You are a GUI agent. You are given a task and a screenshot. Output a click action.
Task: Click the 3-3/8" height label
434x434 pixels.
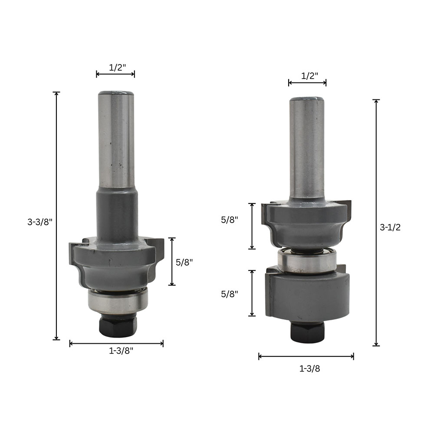(x=40, y=222)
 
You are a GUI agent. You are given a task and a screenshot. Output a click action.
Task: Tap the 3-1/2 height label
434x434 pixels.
(x=390, y=227)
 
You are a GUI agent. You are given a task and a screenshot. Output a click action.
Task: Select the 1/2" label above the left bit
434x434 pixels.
(x=117, y=67)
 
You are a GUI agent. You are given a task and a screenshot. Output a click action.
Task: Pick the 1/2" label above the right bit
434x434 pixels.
(x=309, y=76)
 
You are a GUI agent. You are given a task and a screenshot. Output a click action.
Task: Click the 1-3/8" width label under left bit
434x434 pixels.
(x=121, y=351)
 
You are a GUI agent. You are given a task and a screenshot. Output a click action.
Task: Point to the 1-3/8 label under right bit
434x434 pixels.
(x=309, y=368)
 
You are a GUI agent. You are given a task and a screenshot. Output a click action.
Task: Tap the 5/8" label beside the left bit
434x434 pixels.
(x=184, y=262)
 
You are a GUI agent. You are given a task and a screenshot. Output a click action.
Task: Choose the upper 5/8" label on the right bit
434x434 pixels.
(x=230, y=220)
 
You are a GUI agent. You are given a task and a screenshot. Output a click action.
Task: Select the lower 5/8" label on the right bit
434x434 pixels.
(x=230, y=294)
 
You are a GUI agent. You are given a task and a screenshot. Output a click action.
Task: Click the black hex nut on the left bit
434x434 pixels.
(x=118, y=326)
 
